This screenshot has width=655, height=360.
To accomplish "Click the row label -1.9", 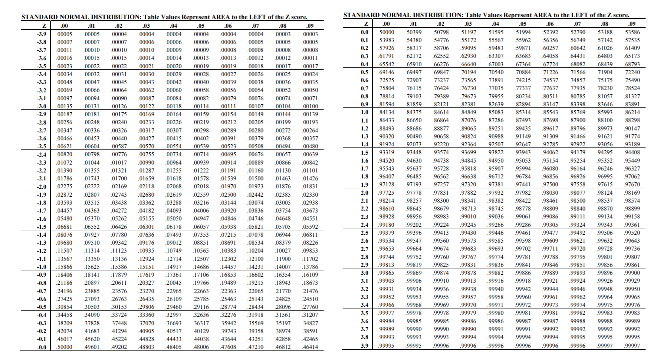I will tap(42, 195).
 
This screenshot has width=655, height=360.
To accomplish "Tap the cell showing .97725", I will tap(386, 193).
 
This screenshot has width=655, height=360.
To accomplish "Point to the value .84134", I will tap(386, 112).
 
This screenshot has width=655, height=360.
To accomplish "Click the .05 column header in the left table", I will tap(200, 26).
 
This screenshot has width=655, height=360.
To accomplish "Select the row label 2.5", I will tap(364, 233).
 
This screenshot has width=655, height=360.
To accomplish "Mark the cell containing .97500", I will tap(550, 184).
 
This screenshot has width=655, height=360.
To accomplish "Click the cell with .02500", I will tap(228, 195).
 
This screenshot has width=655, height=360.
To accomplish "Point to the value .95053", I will tap(523, 161).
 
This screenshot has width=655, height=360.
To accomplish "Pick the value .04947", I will tap(201, 219).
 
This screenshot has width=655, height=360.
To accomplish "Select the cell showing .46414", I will tap(310, 347).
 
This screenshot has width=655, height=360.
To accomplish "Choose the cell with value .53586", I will tap(632, 32).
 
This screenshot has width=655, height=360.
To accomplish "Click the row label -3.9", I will tap(42, 34).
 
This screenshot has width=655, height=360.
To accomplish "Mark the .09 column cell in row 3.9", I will tap(632, 346).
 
